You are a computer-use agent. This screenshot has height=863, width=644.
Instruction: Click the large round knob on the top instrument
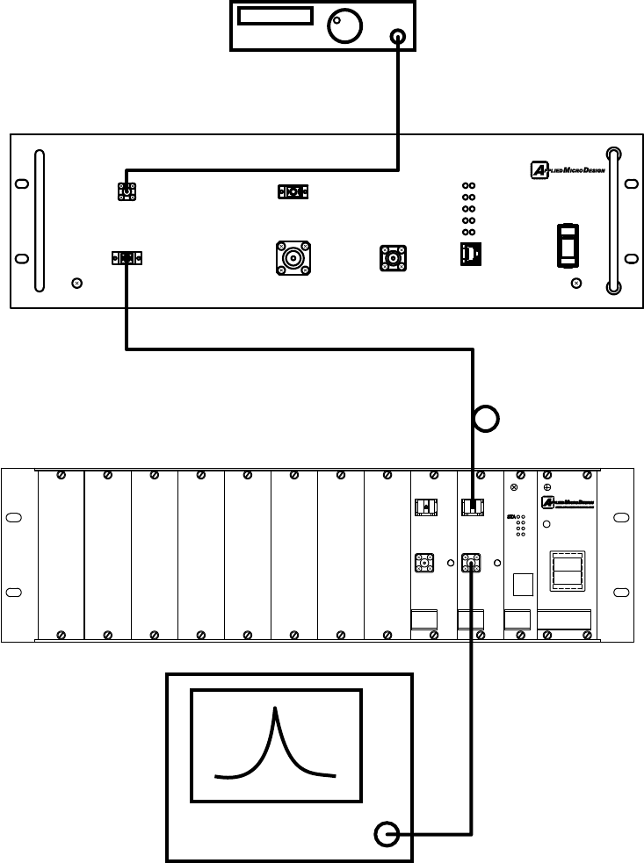click(x=344, y=26)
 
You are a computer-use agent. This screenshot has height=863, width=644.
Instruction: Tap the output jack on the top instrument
click(x=399, y=37)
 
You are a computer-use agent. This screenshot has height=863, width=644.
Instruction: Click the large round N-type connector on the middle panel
click(x=292, y=257)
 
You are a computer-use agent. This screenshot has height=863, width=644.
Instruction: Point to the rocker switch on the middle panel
click(x=569, y=245)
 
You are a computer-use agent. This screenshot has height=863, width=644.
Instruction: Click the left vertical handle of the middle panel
click(x=38, y=219)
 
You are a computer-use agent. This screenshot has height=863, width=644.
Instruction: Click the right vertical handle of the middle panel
click(x=612, y=219)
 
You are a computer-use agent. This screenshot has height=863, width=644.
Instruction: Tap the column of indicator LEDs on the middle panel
click(x=469, y=208)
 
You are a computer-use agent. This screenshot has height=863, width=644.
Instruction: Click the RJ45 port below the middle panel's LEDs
click(x=469, y=255)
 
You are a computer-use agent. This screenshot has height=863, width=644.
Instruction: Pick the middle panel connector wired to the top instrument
click(x=127, y=191)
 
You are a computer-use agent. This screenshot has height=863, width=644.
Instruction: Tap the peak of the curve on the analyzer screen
click(x=277, y=711)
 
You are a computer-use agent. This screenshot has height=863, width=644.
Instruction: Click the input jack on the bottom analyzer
click(x=387, y=833)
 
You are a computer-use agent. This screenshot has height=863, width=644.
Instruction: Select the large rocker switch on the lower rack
click(x=565, y=574)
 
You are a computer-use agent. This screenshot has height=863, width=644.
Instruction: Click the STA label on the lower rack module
click(x=511, y=519)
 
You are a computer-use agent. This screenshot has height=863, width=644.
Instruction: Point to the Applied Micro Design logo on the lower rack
click(x=565, y=502)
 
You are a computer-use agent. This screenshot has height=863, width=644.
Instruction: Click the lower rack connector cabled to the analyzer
click(x=470, y=563)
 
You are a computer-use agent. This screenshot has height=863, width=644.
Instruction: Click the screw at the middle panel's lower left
click(x=76, y=283)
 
